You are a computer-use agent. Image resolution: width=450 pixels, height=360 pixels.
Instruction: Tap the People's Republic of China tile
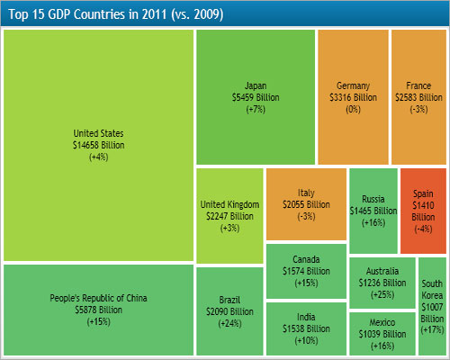[99, 310]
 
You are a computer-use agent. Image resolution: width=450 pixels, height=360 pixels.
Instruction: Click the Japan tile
[256, 96]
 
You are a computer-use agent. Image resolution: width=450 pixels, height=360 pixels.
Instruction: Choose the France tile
[418, 96]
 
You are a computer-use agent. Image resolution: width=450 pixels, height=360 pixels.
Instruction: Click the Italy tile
[306, 204]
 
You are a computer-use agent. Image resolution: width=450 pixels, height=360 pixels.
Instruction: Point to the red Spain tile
[423, 211]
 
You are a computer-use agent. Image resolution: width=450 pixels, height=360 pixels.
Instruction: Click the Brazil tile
[229, 310]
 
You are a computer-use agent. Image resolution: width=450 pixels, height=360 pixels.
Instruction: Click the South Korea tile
[432, 307]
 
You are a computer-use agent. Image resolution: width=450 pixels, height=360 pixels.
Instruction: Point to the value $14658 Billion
[99, 144]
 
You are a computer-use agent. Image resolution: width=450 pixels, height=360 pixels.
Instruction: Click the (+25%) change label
[382, 294]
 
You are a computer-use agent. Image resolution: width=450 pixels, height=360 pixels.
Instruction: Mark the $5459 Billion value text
[256, 96]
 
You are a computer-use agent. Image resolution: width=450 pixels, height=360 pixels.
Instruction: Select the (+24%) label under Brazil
[229, 322]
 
